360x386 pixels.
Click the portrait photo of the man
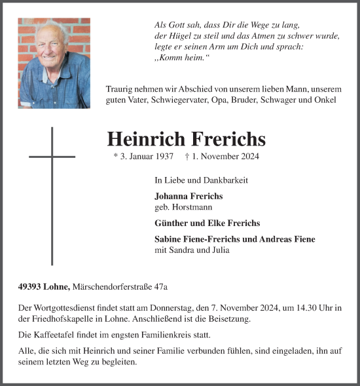(54, 63)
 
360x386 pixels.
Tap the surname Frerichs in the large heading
(228, 139)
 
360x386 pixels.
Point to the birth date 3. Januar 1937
(143, 157)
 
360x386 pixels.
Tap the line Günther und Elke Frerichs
(198, 223)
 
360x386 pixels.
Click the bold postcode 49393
(31, 286)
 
